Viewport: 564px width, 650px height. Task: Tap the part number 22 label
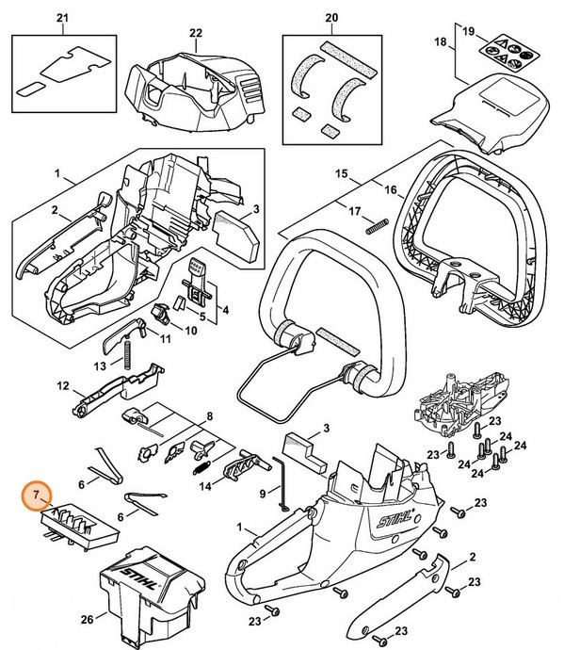tap(195, 32)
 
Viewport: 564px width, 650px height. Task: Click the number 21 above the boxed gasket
tap(63, 18)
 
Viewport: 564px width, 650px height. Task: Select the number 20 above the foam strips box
tap(330, 18)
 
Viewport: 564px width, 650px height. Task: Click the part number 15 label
tap(342, 174)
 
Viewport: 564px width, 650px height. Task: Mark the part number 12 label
tap(64, 385)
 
